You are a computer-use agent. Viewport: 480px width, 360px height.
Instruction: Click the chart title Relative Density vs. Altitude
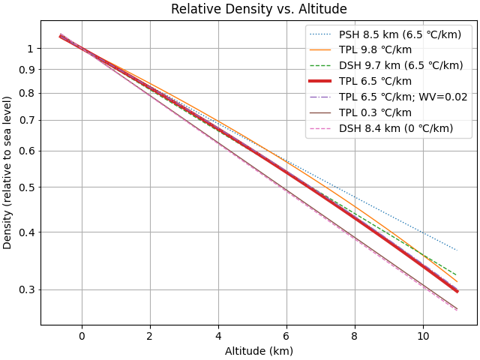click(259, 9)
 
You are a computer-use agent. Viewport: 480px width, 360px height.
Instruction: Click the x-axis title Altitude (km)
click(259, 350)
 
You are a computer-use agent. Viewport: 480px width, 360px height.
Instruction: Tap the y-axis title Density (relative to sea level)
click(8, 172)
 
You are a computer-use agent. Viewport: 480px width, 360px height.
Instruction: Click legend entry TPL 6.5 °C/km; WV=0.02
click(398, 97)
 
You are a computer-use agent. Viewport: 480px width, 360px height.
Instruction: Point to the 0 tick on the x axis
click(82, 335)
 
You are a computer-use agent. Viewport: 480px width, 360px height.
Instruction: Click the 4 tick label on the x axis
click(218, 335)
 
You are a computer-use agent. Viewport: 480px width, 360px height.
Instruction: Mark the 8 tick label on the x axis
click(355, 335)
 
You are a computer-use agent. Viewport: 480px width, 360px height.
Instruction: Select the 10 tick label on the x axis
click(423, 335)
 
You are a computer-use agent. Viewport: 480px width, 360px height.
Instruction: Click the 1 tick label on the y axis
click(31, 49)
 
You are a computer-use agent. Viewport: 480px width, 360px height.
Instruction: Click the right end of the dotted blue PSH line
click(457, 250)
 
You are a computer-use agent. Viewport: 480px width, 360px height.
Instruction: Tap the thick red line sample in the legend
click(323, 81)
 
